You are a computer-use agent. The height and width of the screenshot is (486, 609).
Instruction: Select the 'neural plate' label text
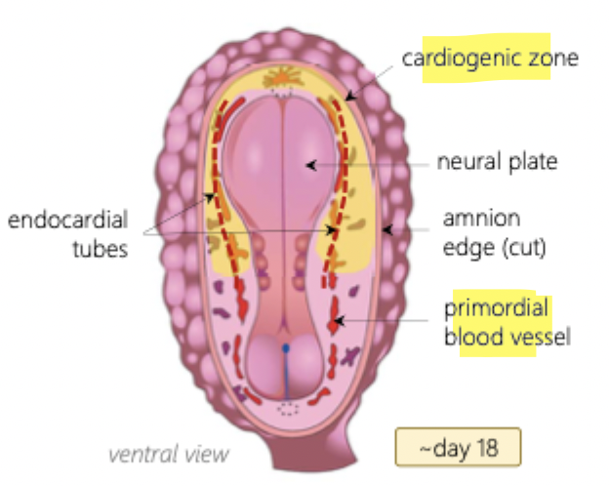pos(497,162)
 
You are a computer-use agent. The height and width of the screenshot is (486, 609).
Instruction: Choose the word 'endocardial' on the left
pos(67,220)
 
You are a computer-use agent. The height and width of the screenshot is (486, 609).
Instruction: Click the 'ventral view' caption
pos(169,454)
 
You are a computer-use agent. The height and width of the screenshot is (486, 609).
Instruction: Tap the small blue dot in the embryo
pos(285,346)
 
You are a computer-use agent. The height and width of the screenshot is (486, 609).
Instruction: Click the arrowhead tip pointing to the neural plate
pos(309,165)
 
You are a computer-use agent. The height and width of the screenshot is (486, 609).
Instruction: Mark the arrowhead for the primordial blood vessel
pos(336,319)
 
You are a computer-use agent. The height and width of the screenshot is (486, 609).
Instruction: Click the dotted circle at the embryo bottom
pos(285,407)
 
